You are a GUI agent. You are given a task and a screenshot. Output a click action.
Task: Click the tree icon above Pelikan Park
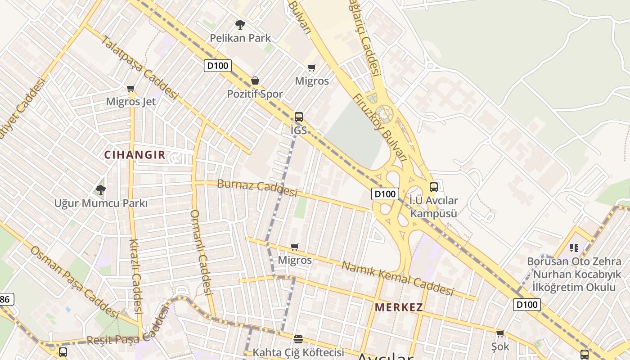pos(240,25)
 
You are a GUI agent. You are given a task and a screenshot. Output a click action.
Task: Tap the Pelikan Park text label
pos(240,38)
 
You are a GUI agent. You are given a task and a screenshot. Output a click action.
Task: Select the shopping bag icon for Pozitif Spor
pos(255,81)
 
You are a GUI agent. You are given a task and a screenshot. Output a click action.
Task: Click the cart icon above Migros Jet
pos(131,88)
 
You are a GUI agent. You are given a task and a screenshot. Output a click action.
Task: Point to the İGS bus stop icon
pos(299,117)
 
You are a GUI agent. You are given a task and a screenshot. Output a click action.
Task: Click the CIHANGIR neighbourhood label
pos(135,155)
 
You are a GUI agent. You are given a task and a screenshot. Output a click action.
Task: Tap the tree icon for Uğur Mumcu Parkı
pos(101,189)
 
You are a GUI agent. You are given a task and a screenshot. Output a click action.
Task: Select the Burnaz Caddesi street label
pos(257,188)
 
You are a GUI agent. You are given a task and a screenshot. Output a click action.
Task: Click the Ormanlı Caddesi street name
pos(201,252)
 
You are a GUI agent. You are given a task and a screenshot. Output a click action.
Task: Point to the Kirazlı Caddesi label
pos(135,275)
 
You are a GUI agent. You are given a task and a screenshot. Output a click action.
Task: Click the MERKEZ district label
pos(399,308)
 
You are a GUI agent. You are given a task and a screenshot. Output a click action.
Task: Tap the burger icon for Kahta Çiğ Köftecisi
pos(298,339)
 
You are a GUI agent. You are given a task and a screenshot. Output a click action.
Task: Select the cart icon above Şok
pos(500,333)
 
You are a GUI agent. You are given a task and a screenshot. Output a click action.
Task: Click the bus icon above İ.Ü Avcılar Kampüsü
pos(434,187)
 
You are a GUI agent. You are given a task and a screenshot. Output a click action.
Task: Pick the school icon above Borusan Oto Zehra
pos(574,247)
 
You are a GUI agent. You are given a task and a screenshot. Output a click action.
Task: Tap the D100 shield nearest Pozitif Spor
pos(218,66)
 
